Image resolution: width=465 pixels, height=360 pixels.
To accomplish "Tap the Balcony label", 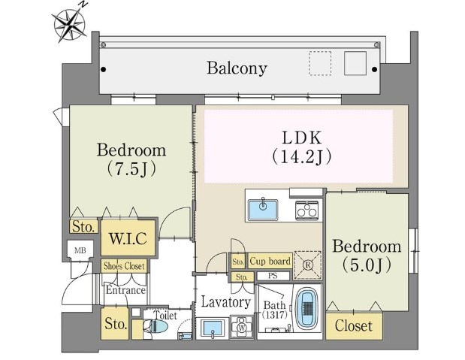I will click(237, 68).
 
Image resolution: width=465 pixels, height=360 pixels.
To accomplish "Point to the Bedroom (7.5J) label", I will click(131, 159).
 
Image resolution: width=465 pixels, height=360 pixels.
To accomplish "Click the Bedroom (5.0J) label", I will click(367, 256).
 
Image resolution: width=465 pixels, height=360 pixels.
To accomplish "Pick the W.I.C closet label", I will click(132, 240).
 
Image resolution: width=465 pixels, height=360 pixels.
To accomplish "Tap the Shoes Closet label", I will click(125, 265).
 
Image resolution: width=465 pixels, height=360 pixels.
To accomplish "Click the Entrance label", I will click(125, 290).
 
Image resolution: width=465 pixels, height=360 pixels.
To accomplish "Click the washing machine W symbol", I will click(242, 328).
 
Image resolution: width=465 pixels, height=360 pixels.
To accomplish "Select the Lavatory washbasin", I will click(212, 327).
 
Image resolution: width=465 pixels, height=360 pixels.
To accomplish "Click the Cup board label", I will click(270, 262).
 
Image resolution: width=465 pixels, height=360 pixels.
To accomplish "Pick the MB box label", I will click(79, 250).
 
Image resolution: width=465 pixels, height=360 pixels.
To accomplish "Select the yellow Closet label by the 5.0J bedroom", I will click(354, 326).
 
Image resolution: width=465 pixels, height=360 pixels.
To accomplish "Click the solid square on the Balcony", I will click(355, 63).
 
